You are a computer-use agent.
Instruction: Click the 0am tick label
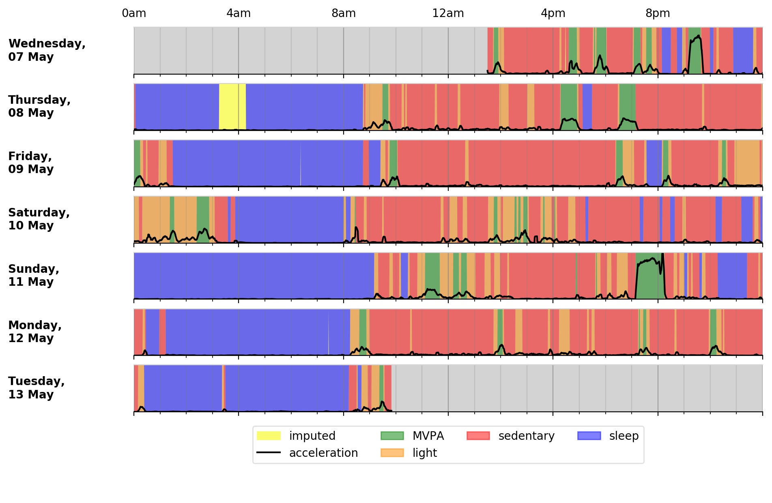(x=134, y=13)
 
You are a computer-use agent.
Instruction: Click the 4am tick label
(x=239, y=13)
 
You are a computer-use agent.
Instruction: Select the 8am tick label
(x=344, y=13)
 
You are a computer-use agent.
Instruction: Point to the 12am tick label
(x=448, y=13)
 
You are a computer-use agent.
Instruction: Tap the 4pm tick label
(x=553, y=13)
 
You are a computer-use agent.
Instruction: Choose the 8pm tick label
(x=658, y=13)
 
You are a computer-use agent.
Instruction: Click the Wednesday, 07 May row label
(x=47, y=50)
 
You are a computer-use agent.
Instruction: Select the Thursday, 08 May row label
(x=39, y=106)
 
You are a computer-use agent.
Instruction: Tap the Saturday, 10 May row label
(x=39, y=219)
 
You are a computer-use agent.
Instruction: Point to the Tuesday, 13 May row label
(x=37, y=387)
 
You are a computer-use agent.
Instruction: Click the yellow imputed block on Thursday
(x=232, y=107)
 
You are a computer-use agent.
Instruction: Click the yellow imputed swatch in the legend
(x=269, y=436)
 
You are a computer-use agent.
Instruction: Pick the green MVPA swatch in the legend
(x=392, y=436)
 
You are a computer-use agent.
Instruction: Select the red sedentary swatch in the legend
(x=478, y=436)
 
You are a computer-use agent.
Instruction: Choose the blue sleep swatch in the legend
(x=589, y=436)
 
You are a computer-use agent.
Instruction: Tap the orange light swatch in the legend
(x=392, y=453)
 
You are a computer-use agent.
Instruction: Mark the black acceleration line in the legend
(x=269, y=453)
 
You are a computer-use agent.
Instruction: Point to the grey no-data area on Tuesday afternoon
(x=576, y=388)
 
